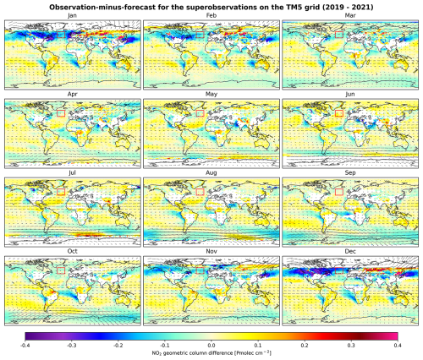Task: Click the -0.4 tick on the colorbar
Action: pyautogui.click(x=26, y=346)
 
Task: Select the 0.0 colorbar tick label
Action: pyautogui.click(x=211, y=346)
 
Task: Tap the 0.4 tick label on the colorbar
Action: pyautogui.click(x=396, y=346)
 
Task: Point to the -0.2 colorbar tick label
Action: pyautogui.click(x=118, y=346)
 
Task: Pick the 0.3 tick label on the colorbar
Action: pyautogui.click(x=350, y=346)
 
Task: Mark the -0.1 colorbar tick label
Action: pyautogui.click(x=165, y=346)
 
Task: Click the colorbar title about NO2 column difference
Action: pyautogui.click(x=211, y=354)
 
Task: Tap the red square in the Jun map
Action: pyautogui.click(x=341, y=111)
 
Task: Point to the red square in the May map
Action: pyautogui.click(x=201, y=111)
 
